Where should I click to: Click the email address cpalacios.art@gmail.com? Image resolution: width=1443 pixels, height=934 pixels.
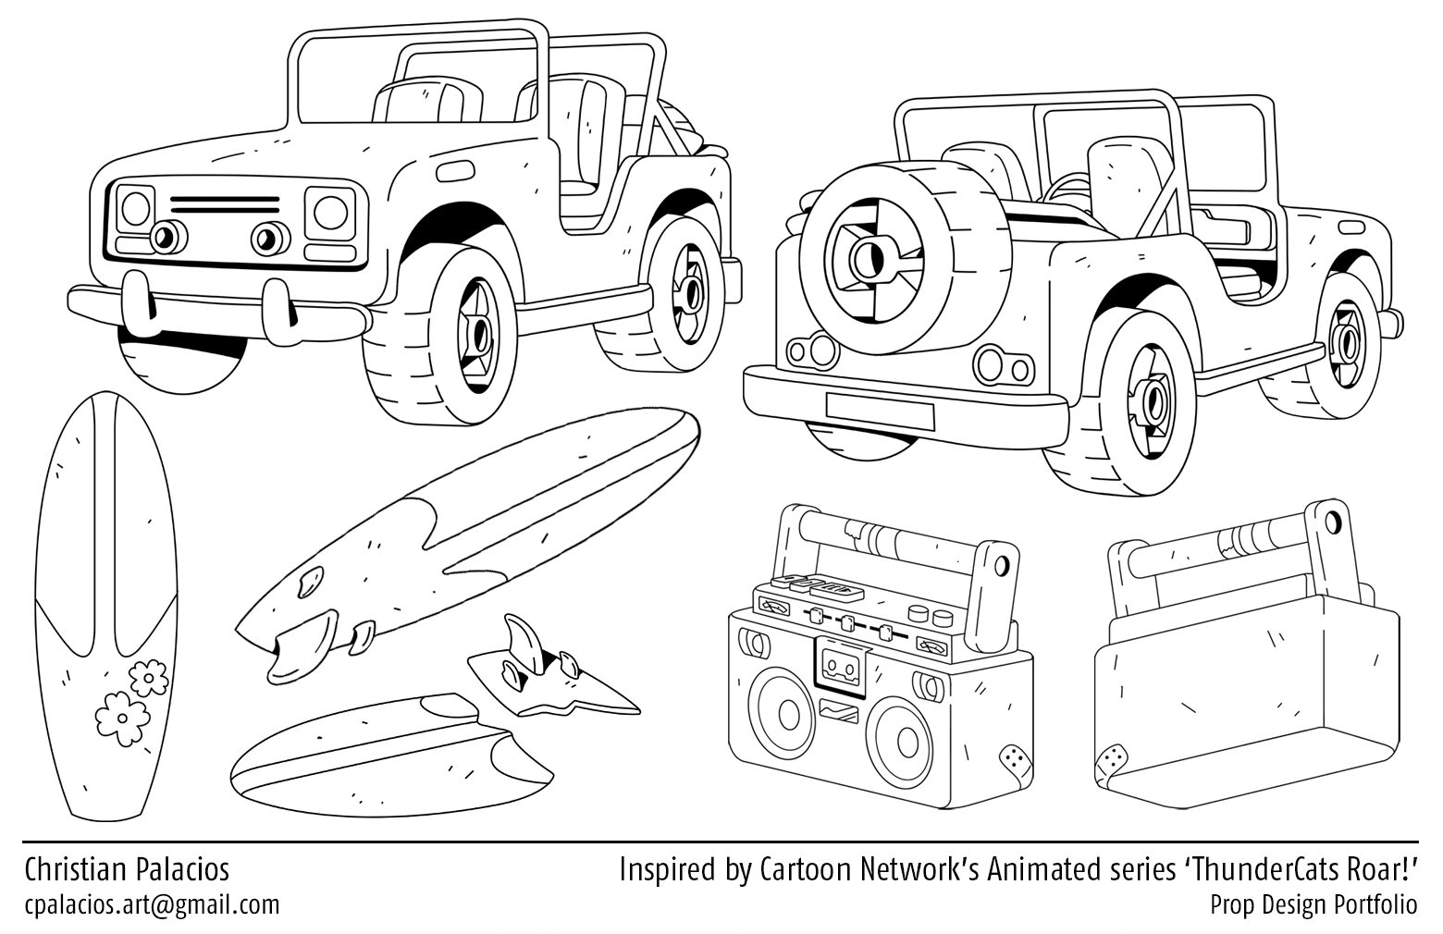pyautogui.click(x=152, y=903)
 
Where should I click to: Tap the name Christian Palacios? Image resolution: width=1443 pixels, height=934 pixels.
pyautogui.click(x=127, y=869)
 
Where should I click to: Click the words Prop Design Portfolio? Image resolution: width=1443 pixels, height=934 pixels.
pyautogui.click(x=1313, y=903)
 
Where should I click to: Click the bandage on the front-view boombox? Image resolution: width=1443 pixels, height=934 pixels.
pyautogui.click(x=1014, y=762)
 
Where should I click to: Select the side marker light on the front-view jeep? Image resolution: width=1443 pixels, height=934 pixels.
pyautogui.click(x=452, y=172)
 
